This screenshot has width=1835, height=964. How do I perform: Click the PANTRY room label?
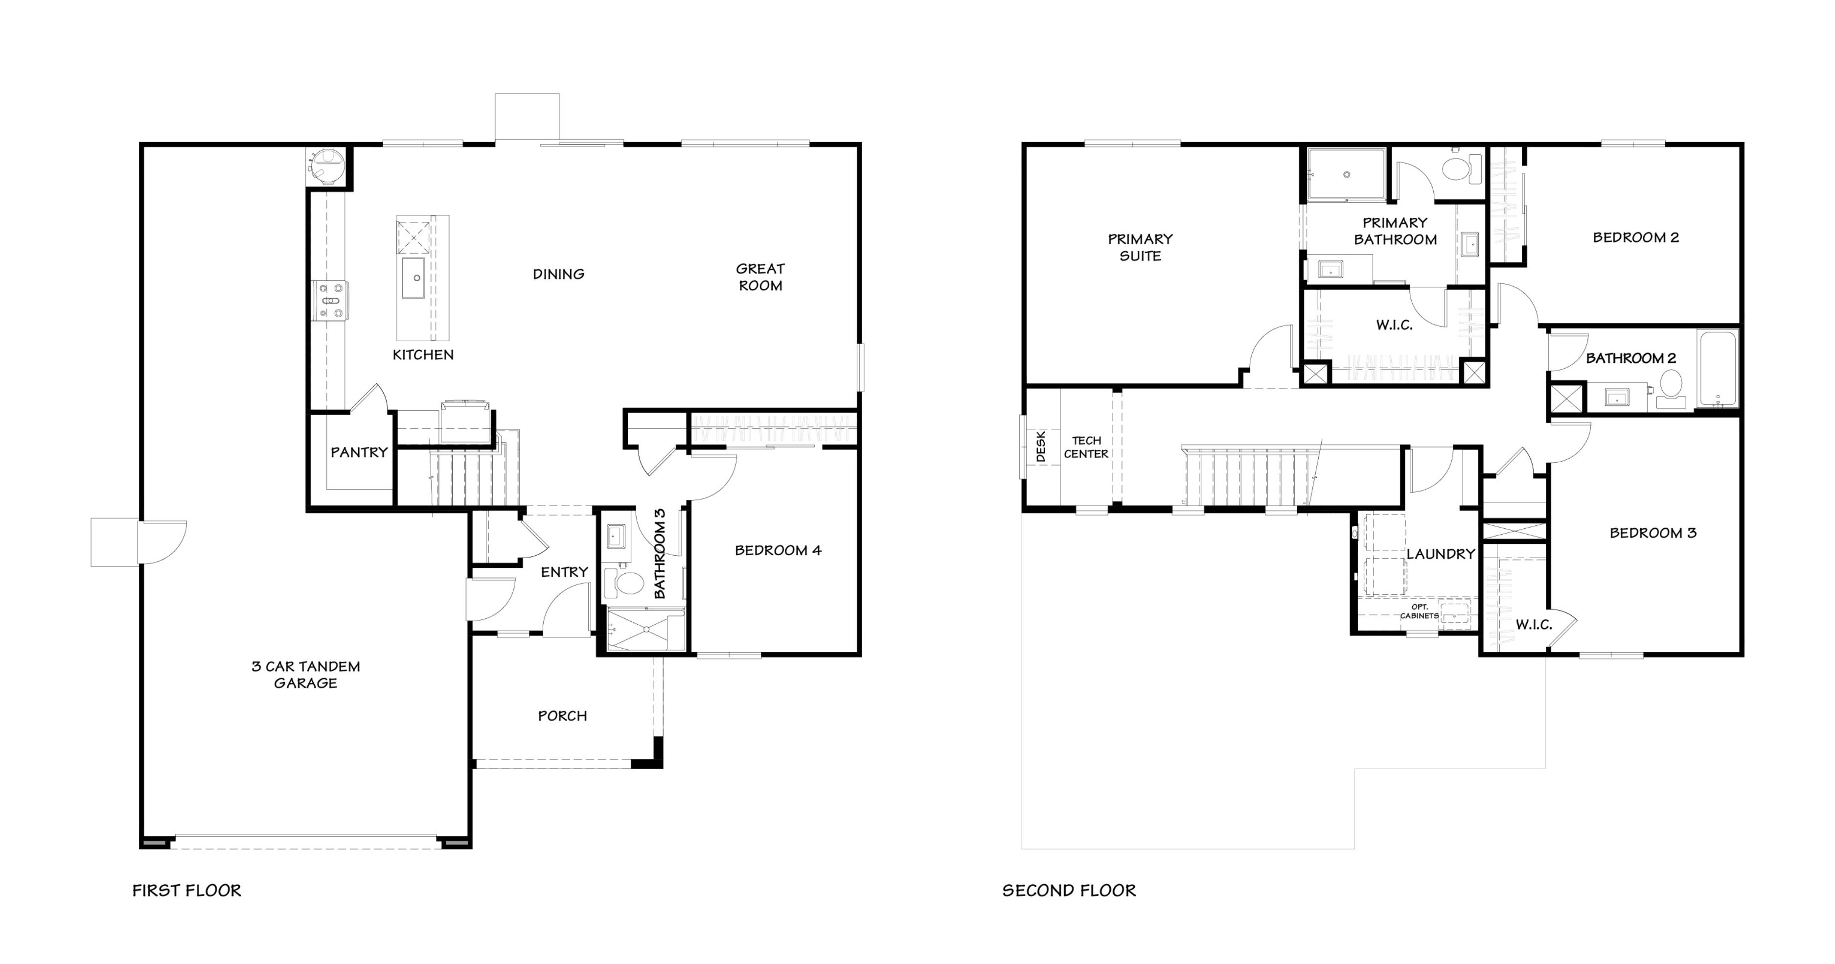coord(359,452)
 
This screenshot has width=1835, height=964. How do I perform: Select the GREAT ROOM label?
coord(760,277)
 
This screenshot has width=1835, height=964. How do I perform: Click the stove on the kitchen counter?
coord(330,301)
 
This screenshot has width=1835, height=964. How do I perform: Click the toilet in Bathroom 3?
coord(623,582)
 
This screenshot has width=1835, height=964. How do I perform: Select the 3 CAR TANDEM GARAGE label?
coord(306,675)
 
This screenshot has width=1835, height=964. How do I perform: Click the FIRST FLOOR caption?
coord(186,891)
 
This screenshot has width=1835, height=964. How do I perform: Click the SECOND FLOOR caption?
coord(1069,891)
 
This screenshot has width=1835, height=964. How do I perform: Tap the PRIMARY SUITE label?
coord(1140,247)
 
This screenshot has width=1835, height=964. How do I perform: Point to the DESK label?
coord(1041,446)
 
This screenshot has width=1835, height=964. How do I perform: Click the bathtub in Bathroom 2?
coord(1718,368)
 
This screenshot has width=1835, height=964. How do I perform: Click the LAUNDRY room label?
coord(1441,554)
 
